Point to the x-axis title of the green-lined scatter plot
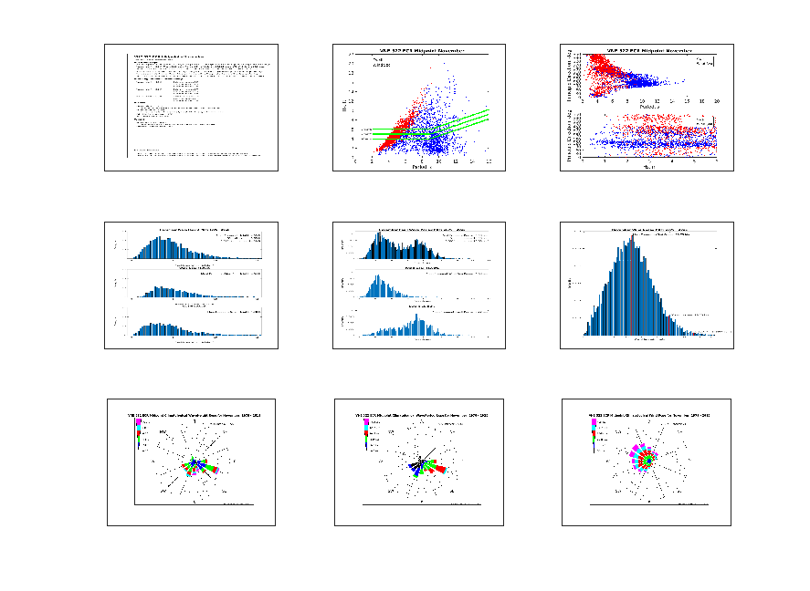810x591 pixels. click(x=421, y=167)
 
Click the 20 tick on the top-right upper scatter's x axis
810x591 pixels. click(x=717, y=101)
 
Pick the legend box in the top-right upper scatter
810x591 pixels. click(x=704, y=61)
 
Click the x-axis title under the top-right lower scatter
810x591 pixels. click(x=649, y=167)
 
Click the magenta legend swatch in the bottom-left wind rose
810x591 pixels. click(x=138, y=422)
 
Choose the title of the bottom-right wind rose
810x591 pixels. click(x=649, y=415)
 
